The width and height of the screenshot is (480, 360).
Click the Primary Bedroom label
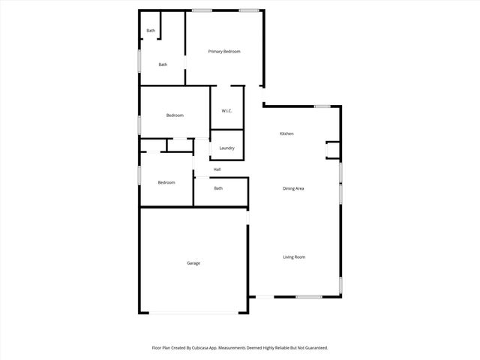pyautogui.click(x=224, y=51)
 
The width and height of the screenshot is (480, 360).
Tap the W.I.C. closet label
pyautogui.click(x=226, y=111)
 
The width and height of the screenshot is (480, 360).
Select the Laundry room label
pyautogui.click(x=226, y=148)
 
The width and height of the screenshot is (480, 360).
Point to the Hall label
pyautogui.click(x=217, y=169)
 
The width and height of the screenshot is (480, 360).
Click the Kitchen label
pyautogui.click(x=286, y=133)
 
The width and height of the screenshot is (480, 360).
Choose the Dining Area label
pyautogui.click(x=293, y=188)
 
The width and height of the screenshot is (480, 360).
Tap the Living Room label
pyautogui.click(x=294, y=257)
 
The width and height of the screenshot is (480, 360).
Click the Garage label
pyautogui.click(x=193, y=262)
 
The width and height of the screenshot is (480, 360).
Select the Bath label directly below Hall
pyautogui.click(x=218, y=188)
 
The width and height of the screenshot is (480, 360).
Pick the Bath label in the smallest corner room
pyautogui.click(x=151, y=31)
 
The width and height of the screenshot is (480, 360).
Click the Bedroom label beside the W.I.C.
pyautogui.click(x=175, y=115)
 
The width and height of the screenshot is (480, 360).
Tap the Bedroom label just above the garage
pyautogui.click(x=166, y=182)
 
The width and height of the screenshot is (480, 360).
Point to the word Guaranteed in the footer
pyautogui.click(x=313, y=348)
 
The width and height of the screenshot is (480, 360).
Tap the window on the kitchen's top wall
pyautogui.click(x=322, y=106)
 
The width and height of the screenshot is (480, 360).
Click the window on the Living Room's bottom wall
pyautogui.click(x=309, y=297)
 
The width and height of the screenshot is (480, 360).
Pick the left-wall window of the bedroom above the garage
pyautogui.click(x=139, y=175)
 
